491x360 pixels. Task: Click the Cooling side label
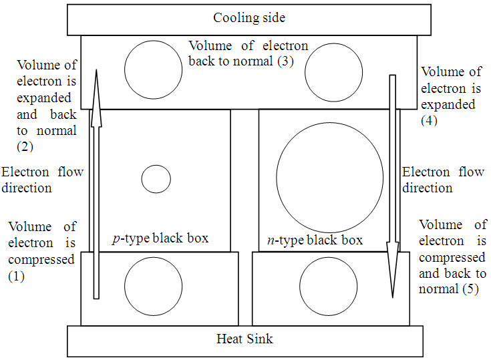249,18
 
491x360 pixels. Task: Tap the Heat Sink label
244,339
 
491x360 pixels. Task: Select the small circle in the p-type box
156,179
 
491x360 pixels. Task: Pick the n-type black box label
315,240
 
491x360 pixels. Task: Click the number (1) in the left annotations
16,275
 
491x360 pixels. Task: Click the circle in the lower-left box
153,285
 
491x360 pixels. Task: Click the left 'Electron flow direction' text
42,180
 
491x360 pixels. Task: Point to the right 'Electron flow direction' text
443,180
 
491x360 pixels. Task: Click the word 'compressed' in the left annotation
41,258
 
